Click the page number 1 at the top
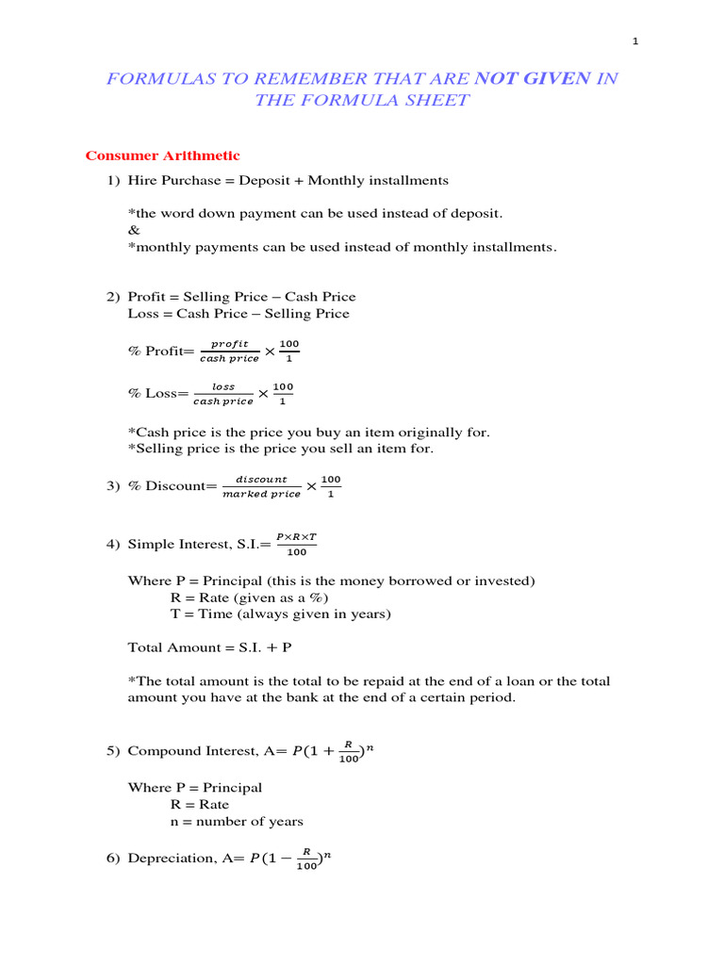point(636,41)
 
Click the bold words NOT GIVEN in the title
point(532,79)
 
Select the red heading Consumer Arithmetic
point(163,155)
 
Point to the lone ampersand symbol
point(132,230)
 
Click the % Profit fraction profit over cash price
point(229,352)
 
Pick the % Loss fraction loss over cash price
point(223,394)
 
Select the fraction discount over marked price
point(261,486)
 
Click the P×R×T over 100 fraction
point(296,544)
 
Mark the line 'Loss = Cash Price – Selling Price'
point(238,314)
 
